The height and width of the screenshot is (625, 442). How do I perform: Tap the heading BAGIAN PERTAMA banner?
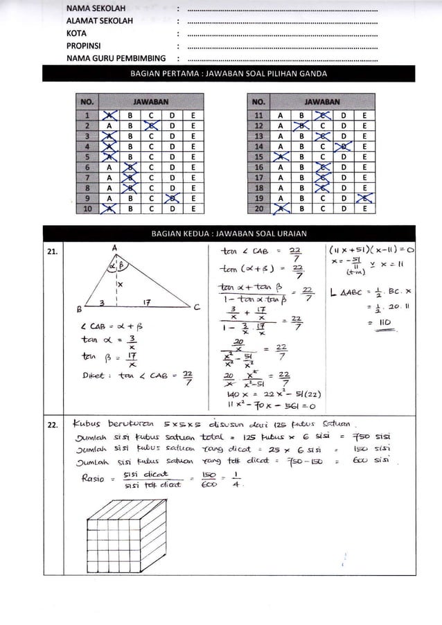click(x=229, y=73)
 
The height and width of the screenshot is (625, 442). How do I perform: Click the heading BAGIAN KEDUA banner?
click(x=229, y=234)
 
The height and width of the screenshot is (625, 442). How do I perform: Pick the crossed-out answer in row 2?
click(x=151, y=126)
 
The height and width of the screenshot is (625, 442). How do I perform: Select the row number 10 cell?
click(x=87, y=208)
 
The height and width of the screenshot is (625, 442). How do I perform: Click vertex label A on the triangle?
click(x=114, y=247)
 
